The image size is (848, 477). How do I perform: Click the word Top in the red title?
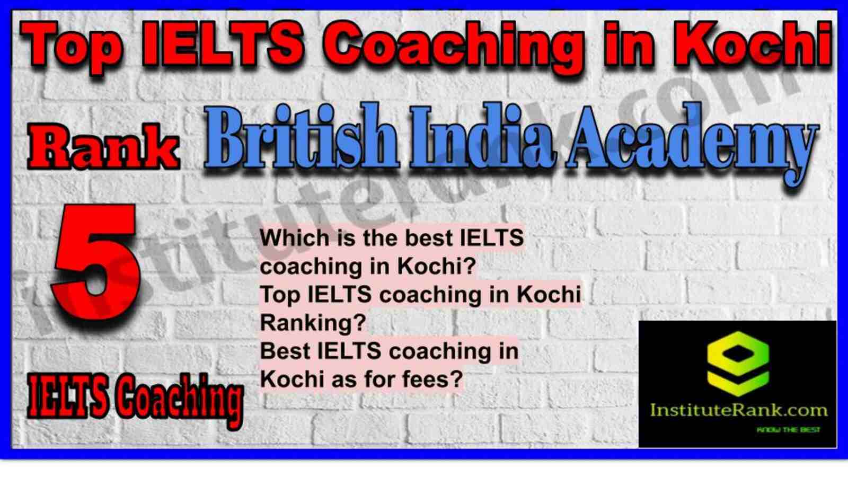click(x=72, y=46)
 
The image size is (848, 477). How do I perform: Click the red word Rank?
click(x=103, y=148)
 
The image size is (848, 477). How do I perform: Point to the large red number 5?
click(x=96, y=261)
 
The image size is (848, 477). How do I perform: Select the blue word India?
click(x=483, y=137)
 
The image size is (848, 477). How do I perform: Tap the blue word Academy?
click(x=692, y=144)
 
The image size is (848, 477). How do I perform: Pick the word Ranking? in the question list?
click(x=313, y=323)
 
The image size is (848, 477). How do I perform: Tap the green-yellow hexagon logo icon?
click(x=738, y=364)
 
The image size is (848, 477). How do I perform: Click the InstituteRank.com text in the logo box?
click(x=738, y=410)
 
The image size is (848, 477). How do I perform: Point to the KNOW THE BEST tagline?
click(x=788, y=430)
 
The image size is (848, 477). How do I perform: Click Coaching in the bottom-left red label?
click(x=178, y=401)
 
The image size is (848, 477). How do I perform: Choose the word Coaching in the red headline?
click(x=453, y=47)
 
